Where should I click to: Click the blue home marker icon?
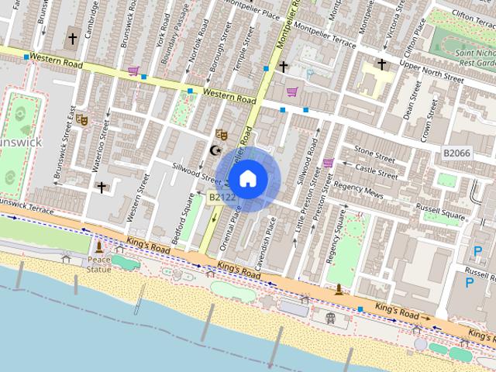tap(247, 179)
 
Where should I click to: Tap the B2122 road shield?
tap(222, 198)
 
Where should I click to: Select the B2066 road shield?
tap(456, 153)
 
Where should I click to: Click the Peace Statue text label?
tap(99, 264)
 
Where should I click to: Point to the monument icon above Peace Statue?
tap(99, 248)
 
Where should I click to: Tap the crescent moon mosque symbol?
tap(216, 150)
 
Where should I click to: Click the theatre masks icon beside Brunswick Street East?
tap(81, 119)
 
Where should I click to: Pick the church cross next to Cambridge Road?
tap(73, 38)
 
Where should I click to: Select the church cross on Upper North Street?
tap(381, 64)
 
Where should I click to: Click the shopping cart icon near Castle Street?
tap(328, 163)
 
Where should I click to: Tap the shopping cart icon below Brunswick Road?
tap(133, 71)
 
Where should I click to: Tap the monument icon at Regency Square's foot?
tap(339, 291)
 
